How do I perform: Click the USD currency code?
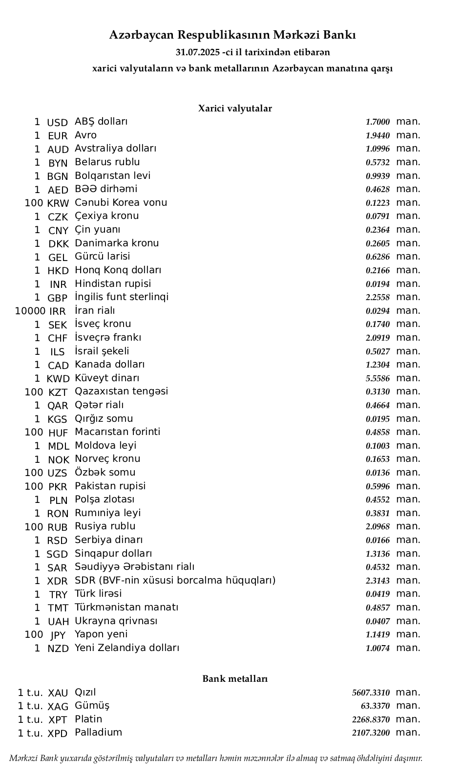57,123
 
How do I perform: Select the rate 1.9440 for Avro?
378,136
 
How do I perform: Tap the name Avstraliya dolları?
115,149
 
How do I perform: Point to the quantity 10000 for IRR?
30,311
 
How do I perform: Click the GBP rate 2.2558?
378,298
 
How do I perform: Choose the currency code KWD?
58,379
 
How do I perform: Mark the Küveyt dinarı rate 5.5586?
378,379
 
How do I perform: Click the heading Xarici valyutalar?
235,109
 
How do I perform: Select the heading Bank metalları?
235,679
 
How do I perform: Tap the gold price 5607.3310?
371,693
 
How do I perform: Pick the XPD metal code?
58,734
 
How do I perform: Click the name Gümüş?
92,706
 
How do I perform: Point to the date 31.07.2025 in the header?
198,52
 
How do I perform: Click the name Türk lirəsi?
98,594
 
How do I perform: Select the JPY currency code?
58,635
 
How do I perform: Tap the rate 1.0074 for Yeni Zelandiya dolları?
378,649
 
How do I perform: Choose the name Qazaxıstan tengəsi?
121,391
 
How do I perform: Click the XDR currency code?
58,582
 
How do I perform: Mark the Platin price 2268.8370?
371,720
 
